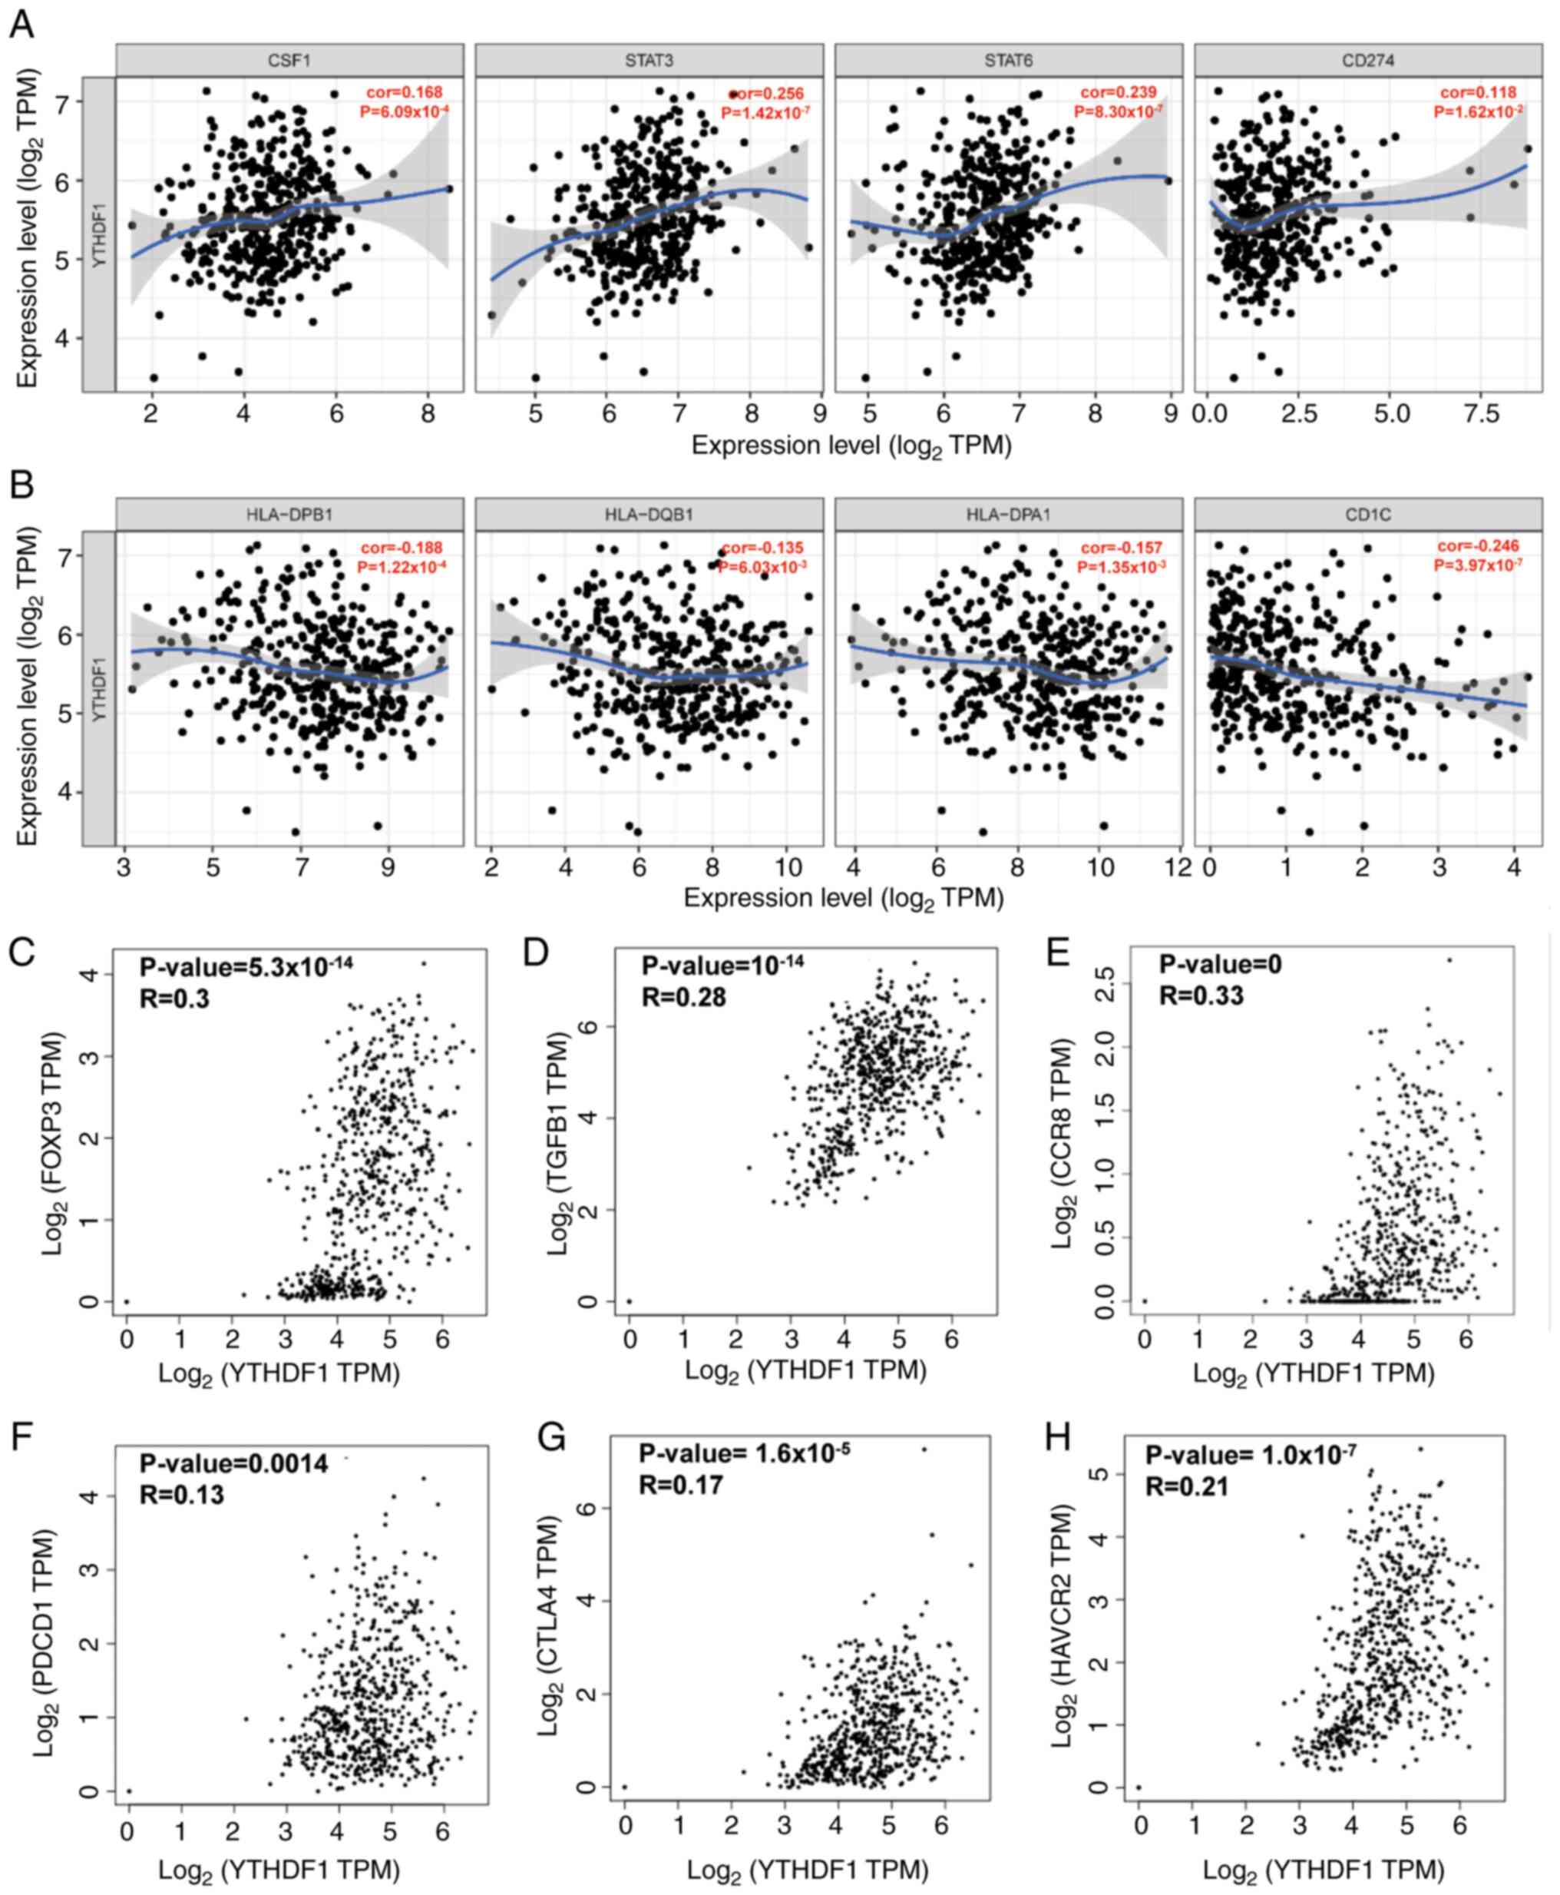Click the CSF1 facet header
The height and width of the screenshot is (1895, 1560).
point(289,60)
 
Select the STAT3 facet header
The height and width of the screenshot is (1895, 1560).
point(649,60)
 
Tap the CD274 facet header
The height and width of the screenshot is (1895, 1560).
point(1368,60)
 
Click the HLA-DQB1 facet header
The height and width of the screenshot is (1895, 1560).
point(649,514)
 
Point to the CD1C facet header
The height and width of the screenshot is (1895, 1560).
point(1368,514)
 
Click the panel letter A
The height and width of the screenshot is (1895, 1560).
point(21,25)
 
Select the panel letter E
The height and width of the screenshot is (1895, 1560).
point(1059,951)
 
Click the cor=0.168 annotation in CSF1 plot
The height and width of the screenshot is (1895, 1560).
point(405,91)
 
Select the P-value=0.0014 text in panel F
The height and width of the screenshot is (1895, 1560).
point(233,1463)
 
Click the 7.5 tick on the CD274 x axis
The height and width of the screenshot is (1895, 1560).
point(1482,415)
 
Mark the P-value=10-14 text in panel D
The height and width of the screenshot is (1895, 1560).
point(722,966)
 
